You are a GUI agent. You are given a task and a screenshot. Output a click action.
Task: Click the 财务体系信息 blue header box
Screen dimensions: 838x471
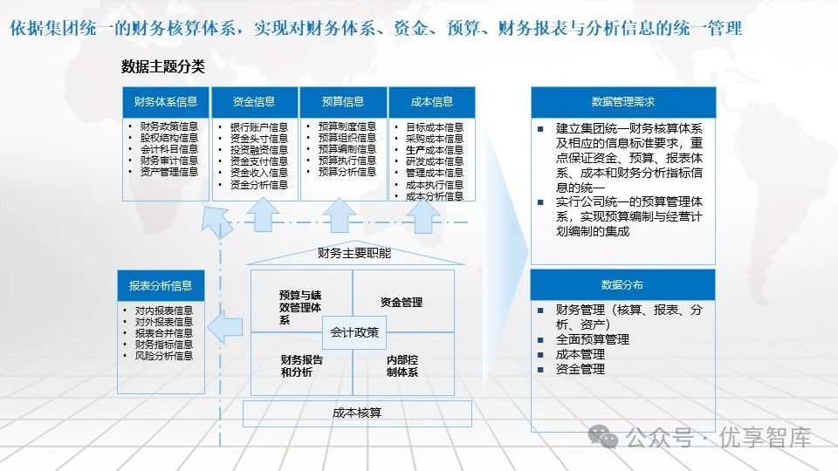tap(166, 102)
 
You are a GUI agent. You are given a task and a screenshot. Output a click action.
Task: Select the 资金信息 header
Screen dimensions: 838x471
tap(254, 102)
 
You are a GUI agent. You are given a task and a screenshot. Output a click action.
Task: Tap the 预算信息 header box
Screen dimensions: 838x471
tap(343, 102)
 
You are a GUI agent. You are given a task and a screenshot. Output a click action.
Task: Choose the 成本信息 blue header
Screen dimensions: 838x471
tap(432, 102)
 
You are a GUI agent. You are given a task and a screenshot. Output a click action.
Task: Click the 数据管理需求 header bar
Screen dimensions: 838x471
tap(623, 102)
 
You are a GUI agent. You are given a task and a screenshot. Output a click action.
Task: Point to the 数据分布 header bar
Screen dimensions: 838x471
tap(623, 284)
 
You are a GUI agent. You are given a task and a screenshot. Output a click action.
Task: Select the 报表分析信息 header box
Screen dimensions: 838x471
tap(161, 285)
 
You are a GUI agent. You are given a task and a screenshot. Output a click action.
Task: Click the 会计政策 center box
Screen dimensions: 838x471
tap(354, 331)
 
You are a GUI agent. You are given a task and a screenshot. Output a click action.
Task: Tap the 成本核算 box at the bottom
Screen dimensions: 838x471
tap(357, 413)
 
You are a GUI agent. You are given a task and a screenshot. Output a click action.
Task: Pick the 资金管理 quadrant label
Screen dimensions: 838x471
tap(402, 303)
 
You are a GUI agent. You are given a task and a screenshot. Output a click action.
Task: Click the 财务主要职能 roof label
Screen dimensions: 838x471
tap(354, 254)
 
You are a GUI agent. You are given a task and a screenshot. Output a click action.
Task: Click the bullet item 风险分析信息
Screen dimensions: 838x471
tap(164, 356)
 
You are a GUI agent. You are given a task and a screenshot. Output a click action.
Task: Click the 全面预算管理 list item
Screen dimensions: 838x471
tap(593, 339)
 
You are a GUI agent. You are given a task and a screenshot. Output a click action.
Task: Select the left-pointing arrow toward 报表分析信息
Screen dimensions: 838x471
tap(227, 328)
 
